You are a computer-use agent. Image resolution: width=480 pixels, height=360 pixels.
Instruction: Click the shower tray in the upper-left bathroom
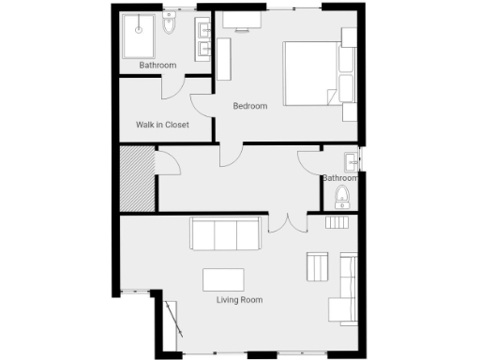click(x=139, y=36)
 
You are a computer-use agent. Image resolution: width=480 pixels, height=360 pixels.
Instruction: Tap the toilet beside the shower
click(x=169, y=24)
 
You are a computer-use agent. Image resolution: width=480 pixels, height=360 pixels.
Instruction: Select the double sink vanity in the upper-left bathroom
click(x=202, y=37)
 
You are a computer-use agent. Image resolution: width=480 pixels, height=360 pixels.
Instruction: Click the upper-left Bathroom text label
click(x=157, y=65)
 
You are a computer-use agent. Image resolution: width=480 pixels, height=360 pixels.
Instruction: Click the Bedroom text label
click(x=250, y=106)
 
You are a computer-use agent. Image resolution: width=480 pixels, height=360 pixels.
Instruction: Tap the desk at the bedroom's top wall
click(x=242, y=21)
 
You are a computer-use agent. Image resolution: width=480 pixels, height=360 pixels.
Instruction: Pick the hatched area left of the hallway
click(x=137, y=179)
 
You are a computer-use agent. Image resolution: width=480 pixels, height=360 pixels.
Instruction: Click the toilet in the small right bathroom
click(x=342, y=197)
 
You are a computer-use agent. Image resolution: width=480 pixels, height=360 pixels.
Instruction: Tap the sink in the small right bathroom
click(x=351, y=158)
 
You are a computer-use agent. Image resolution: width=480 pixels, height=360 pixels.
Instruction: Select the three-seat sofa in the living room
click(x=226, y=234)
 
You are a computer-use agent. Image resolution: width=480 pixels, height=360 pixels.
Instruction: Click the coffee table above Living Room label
click(x=223, y=280)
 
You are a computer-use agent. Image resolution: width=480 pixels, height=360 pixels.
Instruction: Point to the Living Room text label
click(x=239, y=300)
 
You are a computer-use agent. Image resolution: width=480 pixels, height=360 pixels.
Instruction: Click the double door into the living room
click(x=287, y=223)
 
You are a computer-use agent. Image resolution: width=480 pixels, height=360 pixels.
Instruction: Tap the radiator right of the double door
click(x=336, y=222)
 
